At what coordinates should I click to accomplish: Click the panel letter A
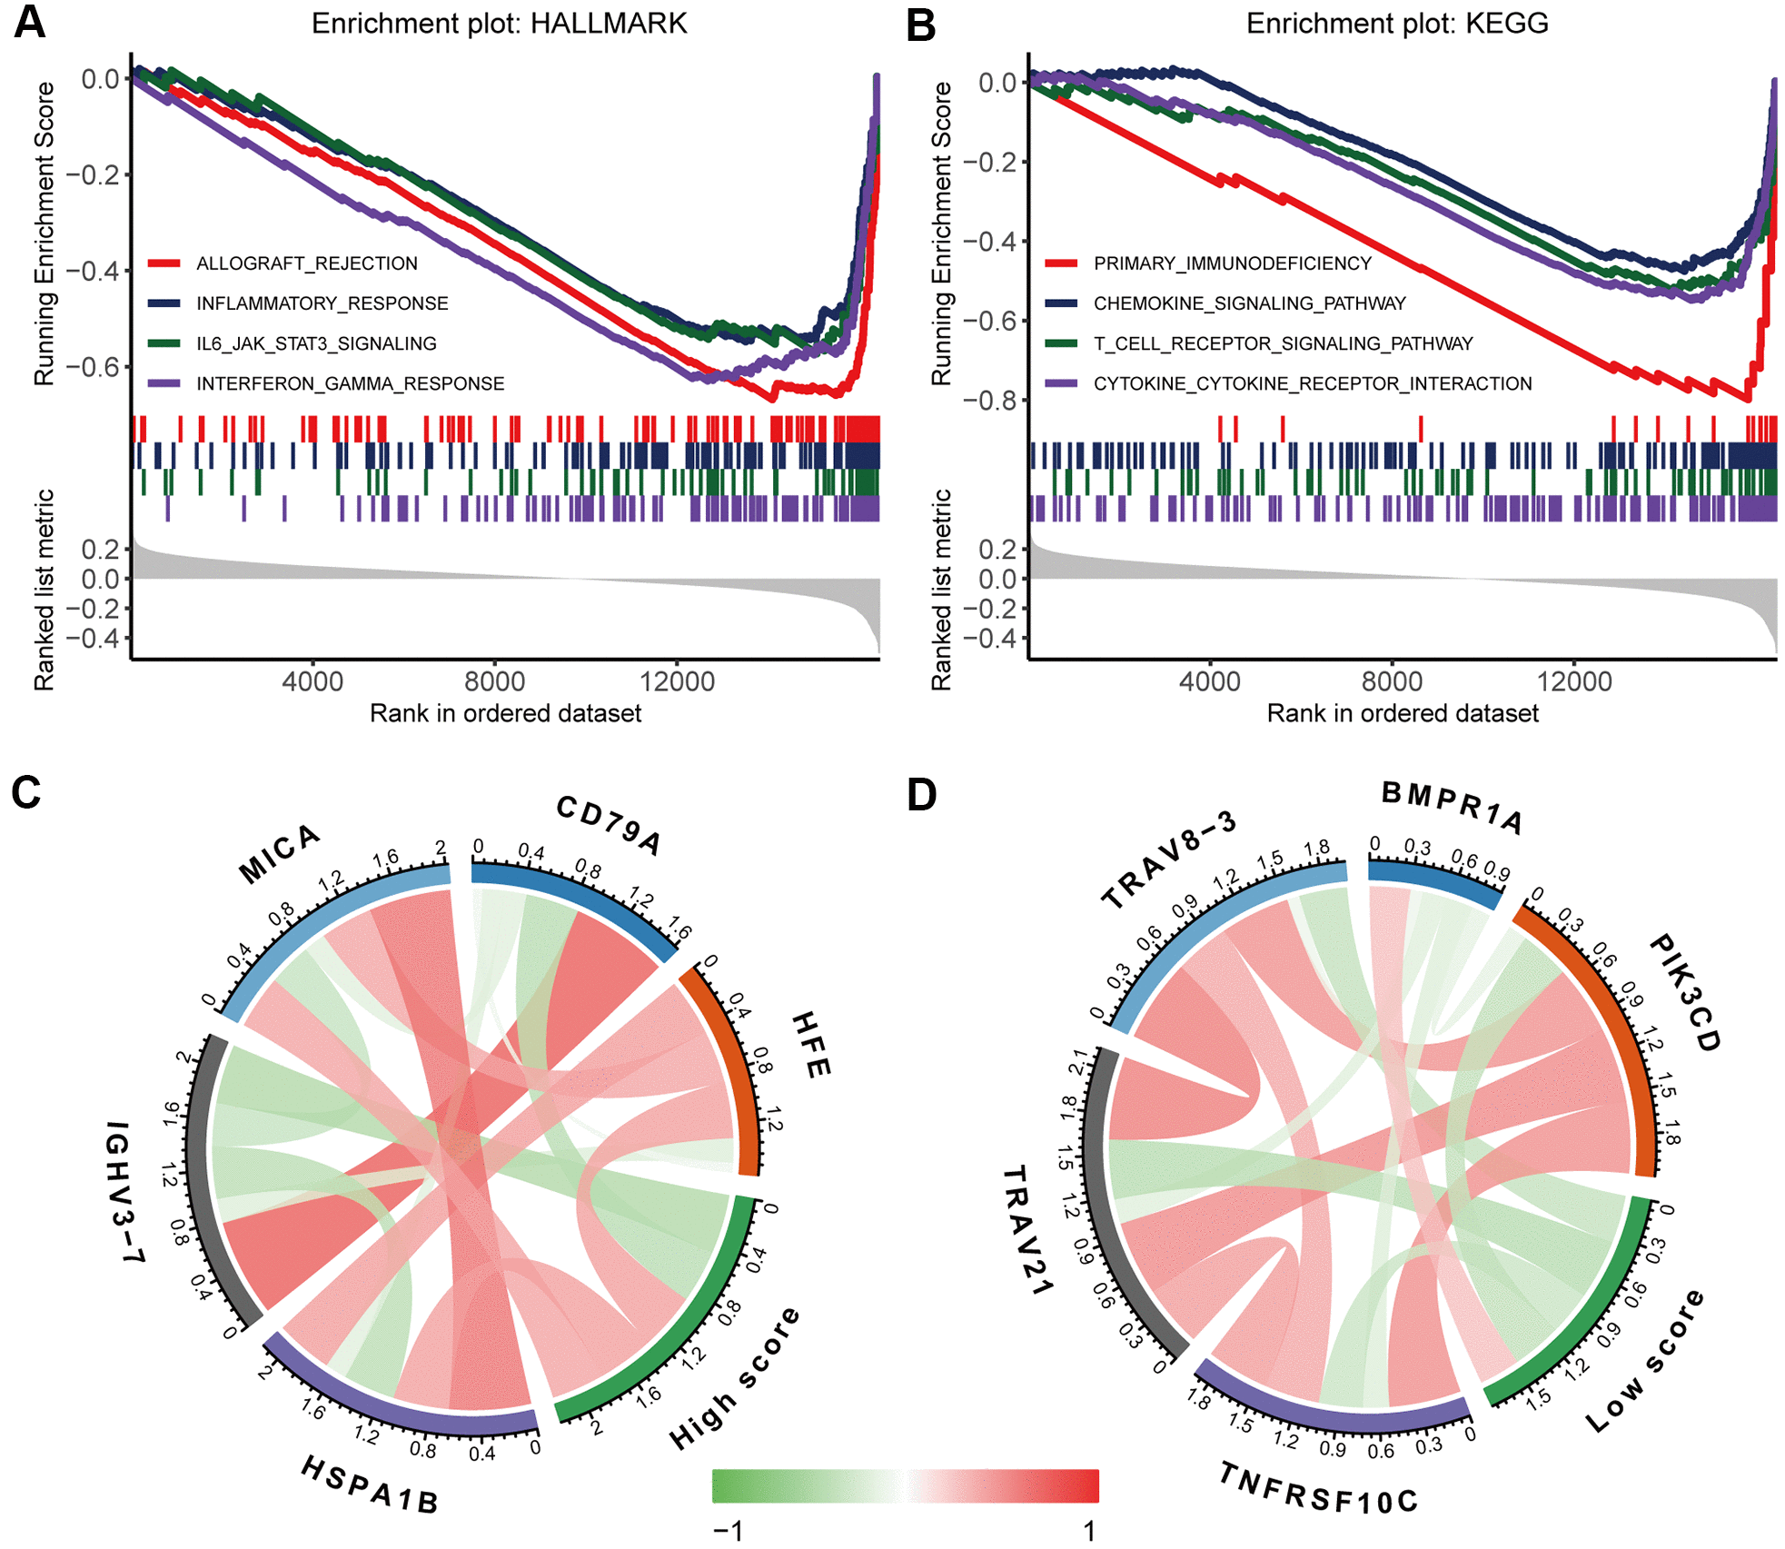[29, 22]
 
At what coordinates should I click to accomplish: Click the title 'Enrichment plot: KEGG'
[1396, 23]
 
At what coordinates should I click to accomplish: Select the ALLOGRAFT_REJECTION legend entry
[306, 263]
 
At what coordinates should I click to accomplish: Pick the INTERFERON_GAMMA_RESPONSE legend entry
[350, 383]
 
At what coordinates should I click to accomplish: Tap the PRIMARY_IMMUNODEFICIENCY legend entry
[1232, 263]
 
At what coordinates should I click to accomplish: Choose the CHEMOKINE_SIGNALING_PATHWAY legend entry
[1249, 303]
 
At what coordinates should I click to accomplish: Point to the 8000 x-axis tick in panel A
[494, 681]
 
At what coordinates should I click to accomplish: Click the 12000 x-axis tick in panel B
[1574, 681]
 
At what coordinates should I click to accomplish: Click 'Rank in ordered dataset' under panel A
[505, 713]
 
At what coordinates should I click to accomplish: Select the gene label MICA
[279, 853]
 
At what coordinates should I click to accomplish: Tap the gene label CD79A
[608, 825]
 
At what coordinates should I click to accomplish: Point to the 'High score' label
[735, 1377]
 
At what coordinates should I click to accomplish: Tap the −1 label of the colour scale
[729, 1530]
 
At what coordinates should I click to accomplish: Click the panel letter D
[921, 795]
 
